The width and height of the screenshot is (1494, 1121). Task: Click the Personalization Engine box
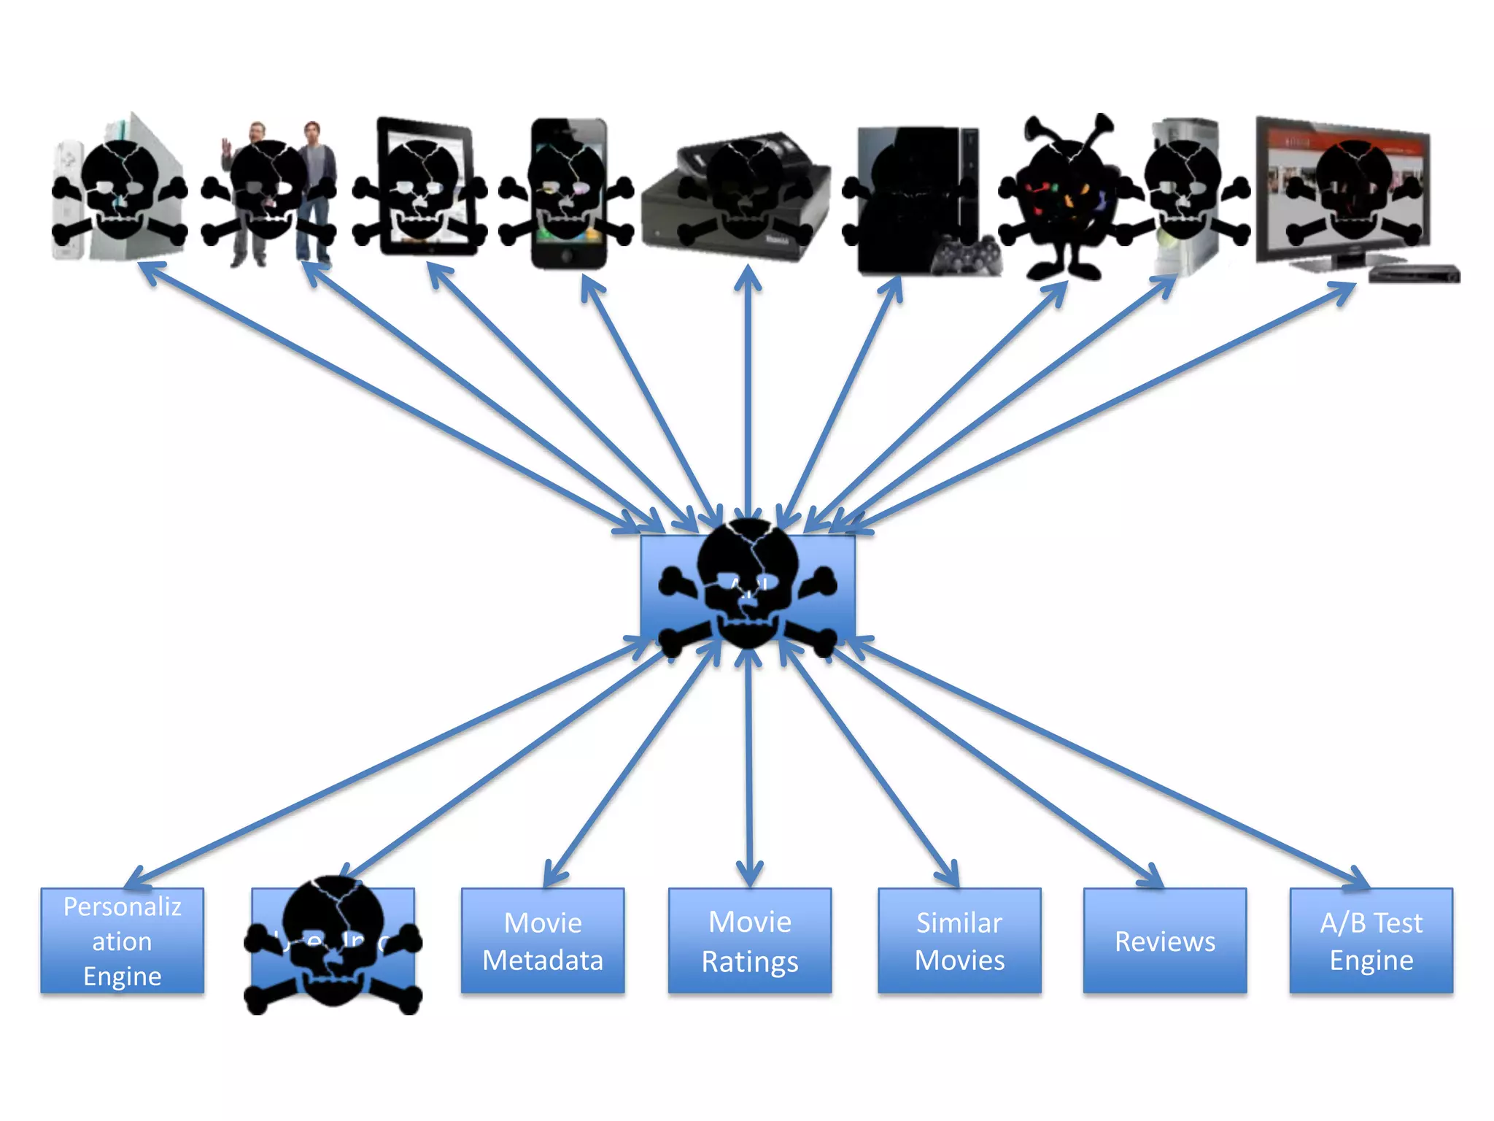tap(122, 941)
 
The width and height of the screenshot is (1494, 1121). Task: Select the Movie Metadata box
tap(543, 941)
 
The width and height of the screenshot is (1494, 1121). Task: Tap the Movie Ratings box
tap(750, 941)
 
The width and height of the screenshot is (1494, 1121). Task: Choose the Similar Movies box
tap(959, 941)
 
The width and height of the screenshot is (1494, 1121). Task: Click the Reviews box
tap(1165, 941)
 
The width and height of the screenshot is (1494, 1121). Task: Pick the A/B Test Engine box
tap(1371, 941)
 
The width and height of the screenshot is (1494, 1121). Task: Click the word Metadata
tap(543, 960)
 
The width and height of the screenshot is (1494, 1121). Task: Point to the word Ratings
tap(750, 962)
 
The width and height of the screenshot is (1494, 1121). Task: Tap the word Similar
tap(959, 923)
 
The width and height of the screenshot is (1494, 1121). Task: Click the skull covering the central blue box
tap(748, 584)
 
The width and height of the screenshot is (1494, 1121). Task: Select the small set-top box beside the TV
tap(1414, 274)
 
